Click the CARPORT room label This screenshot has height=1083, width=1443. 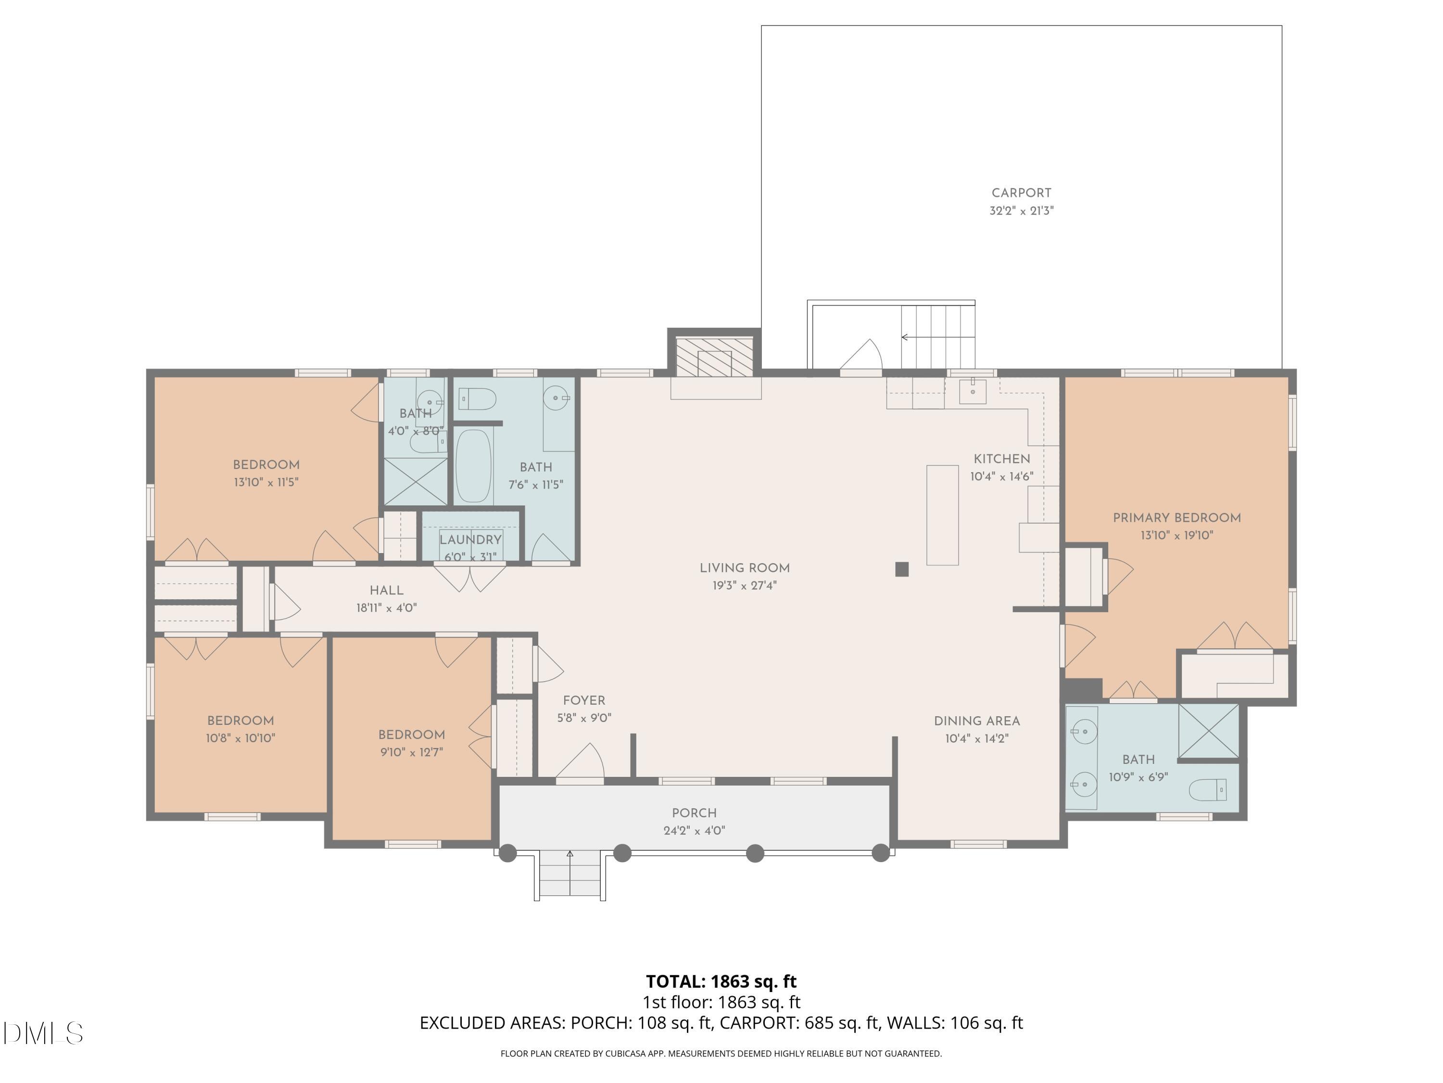[1021, 193]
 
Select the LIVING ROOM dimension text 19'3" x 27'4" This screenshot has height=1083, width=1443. [744, 586]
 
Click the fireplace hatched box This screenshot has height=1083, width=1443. [714, 357]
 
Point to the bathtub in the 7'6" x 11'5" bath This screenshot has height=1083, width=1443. [473, 466]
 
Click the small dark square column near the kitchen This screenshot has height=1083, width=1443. [902, 569]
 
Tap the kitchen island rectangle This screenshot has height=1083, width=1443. [943, 515]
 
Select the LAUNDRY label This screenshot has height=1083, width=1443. [470, 540]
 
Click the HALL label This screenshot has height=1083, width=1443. [386, 590]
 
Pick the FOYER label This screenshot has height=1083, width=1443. [584, 700]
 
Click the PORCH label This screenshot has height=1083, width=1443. [694, 813]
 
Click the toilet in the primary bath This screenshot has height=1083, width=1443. [1207, 790]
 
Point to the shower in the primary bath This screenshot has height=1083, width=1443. [1209, 732]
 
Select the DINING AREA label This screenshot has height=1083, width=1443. [976, 722]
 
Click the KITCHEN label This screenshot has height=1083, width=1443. [1002, 459]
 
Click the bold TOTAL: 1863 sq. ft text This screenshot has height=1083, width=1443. [721, 981]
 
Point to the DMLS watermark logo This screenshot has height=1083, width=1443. [43, 1033]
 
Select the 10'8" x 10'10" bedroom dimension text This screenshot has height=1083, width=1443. [240, 738]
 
